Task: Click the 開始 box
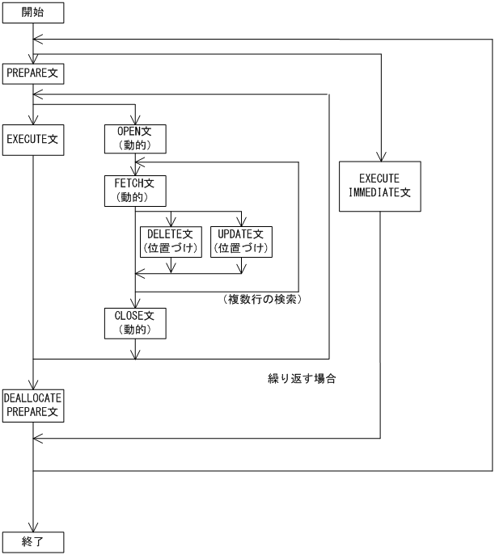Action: [x=33, y=14]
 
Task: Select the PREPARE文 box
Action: [x=33, y=74]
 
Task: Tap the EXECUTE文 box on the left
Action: [x=33, y=138]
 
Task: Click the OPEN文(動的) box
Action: [x=135, y=138]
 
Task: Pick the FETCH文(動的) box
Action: [x=135, y=189]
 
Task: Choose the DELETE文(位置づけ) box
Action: [x=171, y=241]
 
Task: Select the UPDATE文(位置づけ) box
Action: [x=240, y=241]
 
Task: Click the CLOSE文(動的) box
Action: [x=135, y=322]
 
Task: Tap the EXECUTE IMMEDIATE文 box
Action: [x=379, y=186]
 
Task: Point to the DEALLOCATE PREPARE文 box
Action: [x=33, y=405]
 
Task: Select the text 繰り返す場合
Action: [x=301, y=376]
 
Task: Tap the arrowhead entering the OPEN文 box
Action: [x=135, y=119]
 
